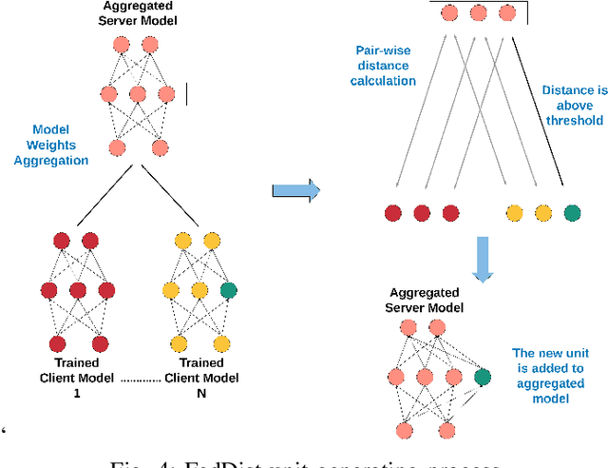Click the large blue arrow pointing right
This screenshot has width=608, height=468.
tap(295, 190)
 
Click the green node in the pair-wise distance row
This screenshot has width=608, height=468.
tap(570, 212)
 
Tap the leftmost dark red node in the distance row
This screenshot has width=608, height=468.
tap(392, 212)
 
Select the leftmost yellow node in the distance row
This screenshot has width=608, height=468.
tap(514, 212)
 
